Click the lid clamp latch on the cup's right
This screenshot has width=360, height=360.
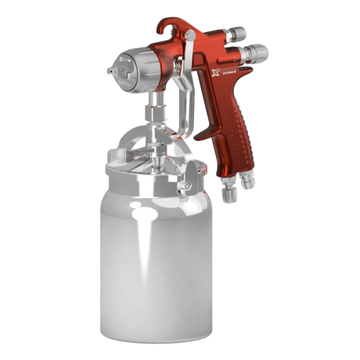click(x=187, y=185)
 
